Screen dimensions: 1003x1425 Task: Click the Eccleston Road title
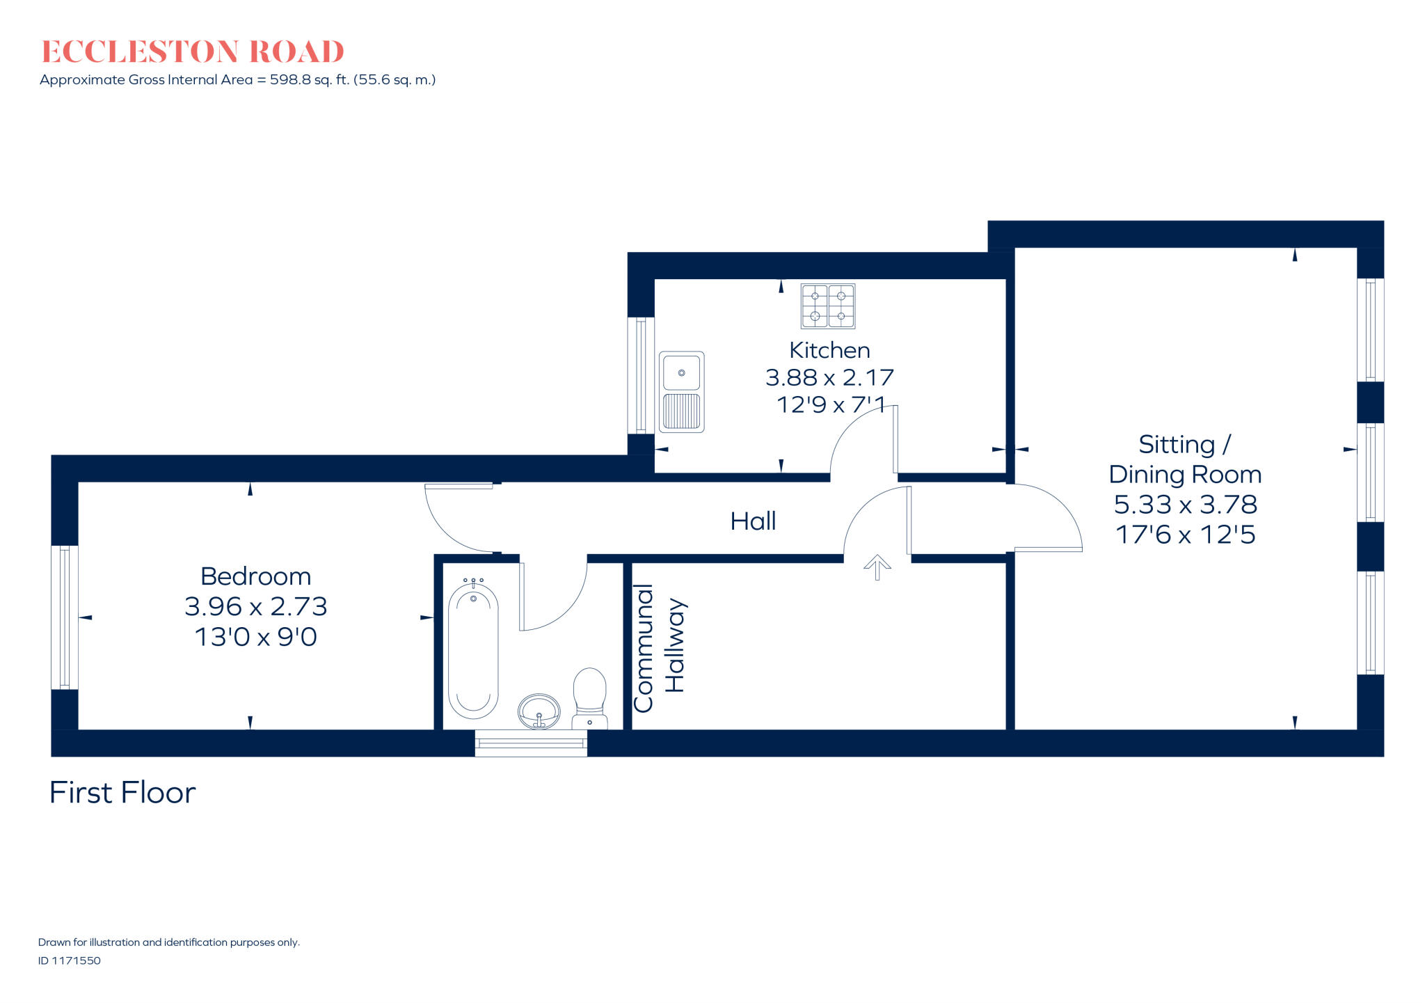tap(193, 52)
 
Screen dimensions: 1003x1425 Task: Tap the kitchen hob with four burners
tap(827, 306)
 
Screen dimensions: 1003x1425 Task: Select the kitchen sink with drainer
tap(681, 392)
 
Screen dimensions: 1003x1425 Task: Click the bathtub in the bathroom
tap(473, 651)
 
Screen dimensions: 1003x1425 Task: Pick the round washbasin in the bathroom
tap(539, 711)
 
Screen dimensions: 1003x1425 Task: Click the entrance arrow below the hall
tap(877, 567)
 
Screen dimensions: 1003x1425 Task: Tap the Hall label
tap(753, 521)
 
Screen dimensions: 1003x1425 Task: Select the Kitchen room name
tap(829, 350)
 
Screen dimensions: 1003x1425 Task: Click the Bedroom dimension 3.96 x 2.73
tap(255, 606)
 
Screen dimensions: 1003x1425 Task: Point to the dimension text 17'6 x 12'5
tap(1185, 535)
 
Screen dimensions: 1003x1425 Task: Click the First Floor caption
tap(122, 793)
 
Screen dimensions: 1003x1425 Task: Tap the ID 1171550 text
tap(70, 961)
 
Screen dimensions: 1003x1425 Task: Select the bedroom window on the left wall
tap(64, 617)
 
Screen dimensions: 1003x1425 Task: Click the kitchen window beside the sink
tap(640, 376)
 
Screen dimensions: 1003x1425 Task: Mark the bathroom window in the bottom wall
tap(531, 743)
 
